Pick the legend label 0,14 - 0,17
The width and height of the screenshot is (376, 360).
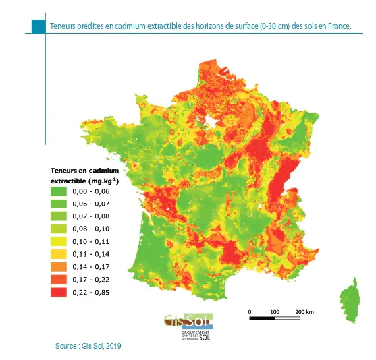point(91,267)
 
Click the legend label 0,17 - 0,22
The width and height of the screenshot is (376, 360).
point(91,280)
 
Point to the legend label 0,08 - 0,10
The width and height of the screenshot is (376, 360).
point(91,229)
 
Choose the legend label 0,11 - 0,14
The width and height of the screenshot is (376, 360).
point(91,254)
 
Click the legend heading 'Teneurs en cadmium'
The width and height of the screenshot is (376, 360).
point(85,171)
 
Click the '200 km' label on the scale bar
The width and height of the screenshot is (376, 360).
point(304,311)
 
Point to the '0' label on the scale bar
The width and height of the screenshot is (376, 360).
point(250,311)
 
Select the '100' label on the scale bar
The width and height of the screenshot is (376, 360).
point(275,311)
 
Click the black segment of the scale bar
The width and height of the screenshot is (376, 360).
point(262,318)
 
